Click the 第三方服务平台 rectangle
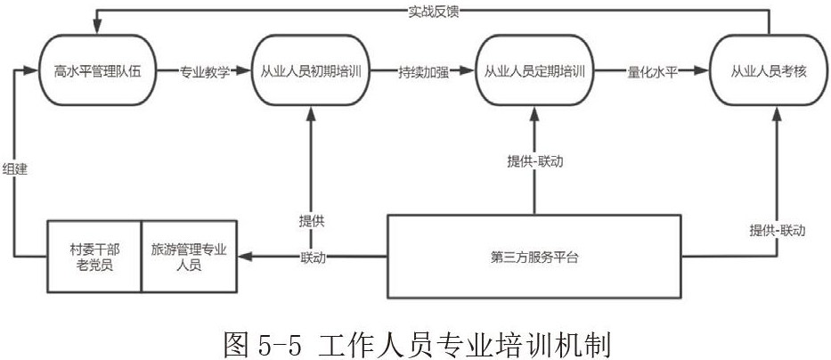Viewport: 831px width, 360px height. tap(534, 258)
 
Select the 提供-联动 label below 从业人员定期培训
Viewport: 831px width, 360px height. tap(534, 162)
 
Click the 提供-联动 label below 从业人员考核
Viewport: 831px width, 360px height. tap(777, 230)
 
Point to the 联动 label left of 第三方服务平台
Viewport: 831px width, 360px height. tap(313, 258)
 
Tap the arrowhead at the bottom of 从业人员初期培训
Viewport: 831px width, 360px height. tap(311, 111)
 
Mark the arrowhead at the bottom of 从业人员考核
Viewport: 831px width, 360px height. tap(778, 111)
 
